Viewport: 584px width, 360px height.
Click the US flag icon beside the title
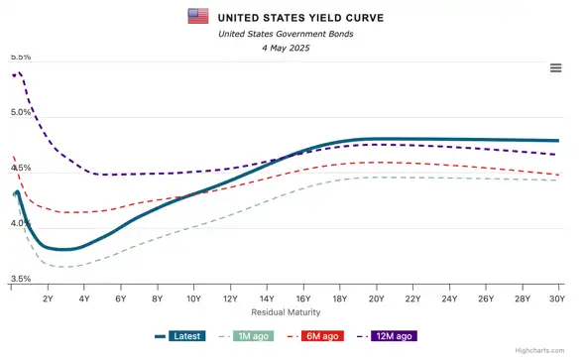[x=198, y=16]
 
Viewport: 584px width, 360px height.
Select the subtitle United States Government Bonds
[x=285, y=34]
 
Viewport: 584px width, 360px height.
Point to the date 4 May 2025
[x=285, y=48]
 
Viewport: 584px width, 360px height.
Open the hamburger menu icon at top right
[x=556, y=67]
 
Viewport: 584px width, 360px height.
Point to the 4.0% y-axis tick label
[x=20, y=224]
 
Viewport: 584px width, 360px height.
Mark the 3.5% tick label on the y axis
[x=20, y=280]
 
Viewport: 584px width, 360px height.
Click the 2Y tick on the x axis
[x=47, y=299]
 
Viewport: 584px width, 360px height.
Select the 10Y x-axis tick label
[x=193, y=299]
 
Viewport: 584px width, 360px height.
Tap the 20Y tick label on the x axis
[x=376, y=299]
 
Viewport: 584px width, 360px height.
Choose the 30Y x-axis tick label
[x=556, y=299]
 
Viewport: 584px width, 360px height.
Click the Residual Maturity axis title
[x=285, y=312]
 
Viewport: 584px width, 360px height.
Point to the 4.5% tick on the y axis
[x=20, y=170]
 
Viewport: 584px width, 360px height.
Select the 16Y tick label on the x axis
[x=302, y=299]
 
